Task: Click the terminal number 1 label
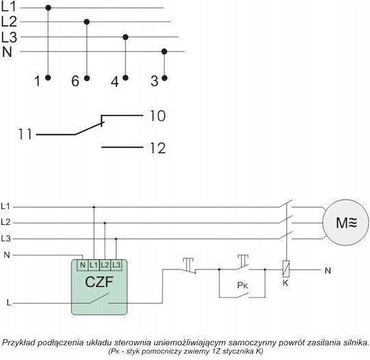38,81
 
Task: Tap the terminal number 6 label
75,81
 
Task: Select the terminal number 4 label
114,82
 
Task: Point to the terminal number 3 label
154,81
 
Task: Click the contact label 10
158,116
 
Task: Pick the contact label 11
25,134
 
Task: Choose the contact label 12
158,148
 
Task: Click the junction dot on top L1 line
48,8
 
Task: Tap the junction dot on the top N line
164,51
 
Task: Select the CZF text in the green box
99,282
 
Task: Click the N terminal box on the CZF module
83,265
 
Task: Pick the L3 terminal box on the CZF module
116,265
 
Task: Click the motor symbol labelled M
345,223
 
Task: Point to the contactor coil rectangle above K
286,269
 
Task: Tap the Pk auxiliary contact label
243,285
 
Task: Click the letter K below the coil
286,283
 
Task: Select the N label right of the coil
328,271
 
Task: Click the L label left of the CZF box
9,302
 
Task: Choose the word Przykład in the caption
18,343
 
